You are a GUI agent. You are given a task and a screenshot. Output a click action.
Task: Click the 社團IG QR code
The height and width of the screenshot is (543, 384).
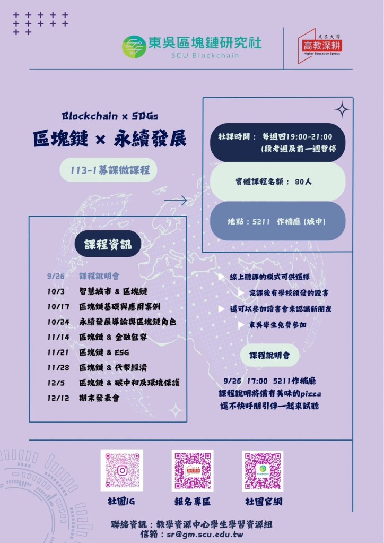(122, 470)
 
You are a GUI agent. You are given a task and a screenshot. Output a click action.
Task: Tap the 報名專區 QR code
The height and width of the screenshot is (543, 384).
(193, 470)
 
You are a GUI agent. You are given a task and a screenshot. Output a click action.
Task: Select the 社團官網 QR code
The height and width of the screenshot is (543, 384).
(263, 470)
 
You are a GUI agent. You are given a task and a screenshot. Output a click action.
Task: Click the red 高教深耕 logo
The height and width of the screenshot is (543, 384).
(320, 45)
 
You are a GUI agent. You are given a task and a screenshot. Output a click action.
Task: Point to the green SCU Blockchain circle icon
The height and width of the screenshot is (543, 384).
(134, 47)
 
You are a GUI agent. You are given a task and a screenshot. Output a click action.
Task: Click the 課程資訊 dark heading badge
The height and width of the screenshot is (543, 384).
(108, 244)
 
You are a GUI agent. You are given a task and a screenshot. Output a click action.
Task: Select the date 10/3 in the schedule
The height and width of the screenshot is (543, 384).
(55, 291)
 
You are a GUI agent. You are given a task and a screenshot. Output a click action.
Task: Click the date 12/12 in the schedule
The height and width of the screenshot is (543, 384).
(57, 398)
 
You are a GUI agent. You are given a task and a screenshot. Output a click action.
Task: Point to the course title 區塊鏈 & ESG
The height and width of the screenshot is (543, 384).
(104, 352)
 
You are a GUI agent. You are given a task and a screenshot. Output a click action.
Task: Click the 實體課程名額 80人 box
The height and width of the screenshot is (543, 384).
(277, 182)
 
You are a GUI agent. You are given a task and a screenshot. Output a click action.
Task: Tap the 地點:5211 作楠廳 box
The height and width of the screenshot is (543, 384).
(277, 221)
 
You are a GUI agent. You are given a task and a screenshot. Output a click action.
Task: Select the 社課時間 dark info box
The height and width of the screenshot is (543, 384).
(277, 142)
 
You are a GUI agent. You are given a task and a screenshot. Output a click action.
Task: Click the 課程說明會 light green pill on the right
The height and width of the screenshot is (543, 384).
(269, 355)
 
